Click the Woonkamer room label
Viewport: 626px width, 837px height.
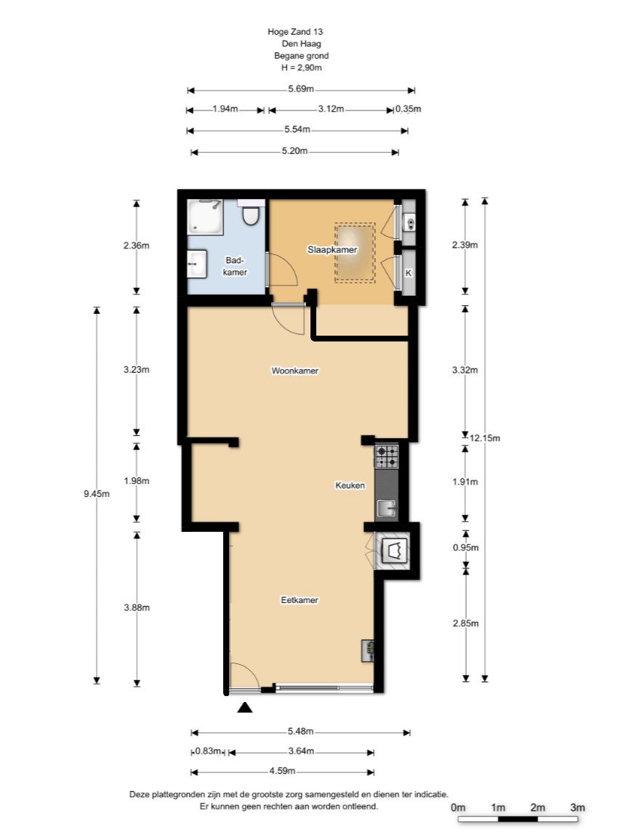pyautogui.click(x=295, y=371)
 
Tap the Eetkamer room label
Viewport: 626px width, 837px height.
pyautogui.click(x=300, y=600)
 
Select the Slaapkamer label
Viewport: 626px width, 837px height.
pyautogui.click(x=332, y=249)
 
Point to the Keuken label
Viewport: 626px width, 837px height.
pyautogui.click(x=350, y=485)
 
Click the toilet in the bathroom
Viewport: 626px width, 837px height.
pyautogui.click(x=250, y=212)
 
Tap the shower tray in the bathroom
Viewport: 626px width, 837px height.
pyautogui.click(x=205, y=217)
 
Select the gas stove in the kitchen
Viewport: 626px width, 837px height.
pyautogui.click(x=387, y=456)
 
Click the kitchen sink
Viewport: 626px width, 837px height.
pyautogui.click(x=388, y=508)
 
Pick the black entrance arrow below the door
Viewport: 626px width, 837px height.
pyautogui.click(x=244, y=707)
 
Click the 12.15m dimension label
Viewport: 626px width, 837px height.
pyautogui.click(x=485, y=438)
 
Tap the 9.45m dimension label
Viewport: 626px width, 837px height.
pyautogui.click(x=97, y=494)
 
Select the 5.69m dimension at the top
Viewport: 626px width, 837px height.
pyautogui.click(x=301, y=89)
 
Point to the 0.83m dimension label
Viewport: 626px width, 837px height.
pyautogui.click(x=208, y=751)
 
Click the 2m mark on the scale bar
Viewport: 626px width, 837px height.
pyautogui.click(x=538, y=807)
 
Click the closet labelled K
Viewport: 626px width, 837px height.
pyautogui.click(x=409, y=272)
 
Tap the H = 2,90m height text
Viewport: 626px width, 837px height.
pyautogui.click(x=301, y=68)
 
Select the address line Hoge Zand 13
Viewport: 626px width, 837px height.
pyautogui.click(x=295, y=31)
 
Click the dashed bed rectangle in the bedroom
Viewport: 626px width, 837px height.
pyautogui.click(x=356, y=253)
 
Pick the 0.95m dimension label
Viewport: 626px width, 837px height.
pyautogui.click(x=466, y=547)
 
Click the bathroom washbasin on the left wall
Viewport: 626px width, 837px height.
pyautogui.click(x=197, y=264)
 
